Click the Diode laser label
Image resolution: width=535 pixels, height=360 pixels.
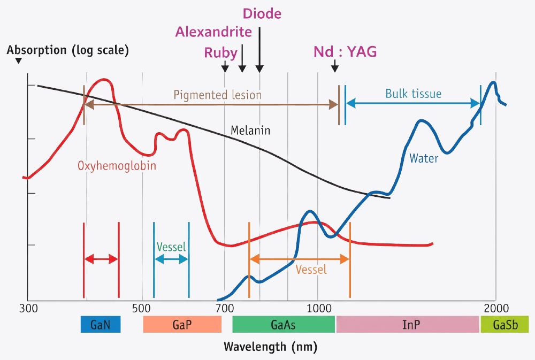(x=262, y=14)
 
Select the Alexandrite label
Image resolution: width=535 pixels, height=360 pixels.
(x=213, y=32)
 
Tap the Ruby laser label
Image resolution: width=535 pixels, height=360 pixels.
(x=220, y=53)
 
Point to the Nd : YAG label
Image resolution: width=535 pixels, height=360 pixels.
(x=345, y=51)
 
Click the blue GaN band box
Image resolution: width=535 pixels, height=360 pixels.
(x=101, y=324)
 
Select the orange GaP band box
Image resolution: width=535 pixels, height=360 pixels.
(x=182, y=324)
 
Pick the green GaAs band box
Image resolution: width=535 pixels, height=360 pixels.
(x=284, y=324)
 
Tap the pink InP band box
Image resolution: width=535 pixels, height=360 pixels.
(x=408, y=324)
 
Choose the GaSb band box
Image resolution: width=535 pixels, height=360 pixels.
(x=505, y=324)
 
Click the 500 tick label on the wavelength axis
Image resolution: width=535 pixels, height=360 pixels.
(x=141, y=309)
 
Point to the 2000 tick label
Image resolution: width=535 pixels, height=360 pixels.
(x=496, y=309)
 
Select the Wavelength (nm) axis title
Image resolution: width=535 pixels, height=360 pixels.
(x=271, y=347)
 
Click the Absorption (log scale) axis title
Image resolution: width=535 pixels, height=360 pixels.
(x=67, y=50)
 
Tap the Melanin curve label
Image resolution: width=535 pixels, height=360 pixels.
(x=250, y=131)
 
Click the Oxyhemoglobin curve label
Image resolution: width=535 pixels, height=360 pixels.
(x=117, y=166)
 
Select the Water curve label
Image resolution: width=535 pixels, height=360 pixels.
(x=424, y=158)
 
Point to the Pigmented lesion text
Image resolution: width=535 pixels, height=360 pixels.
(x=218, y=95)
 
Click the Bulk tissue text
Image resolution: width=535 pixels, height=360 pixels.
(x=414, y=94)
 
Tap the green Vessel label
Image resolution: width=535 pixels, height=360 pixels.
(x=171, y=247)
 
